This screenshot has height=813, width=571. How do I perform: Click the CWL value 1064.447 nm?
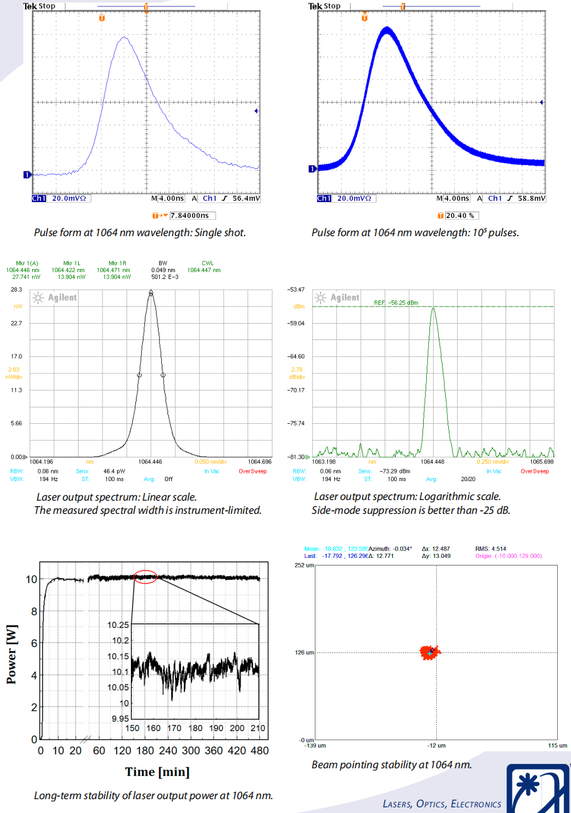(x=204, y=270)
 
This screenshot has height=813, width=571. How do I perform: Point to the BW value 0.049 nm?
(x=163, y=270)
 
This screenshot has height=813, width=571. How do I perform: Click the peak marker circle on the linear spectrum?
(x=151, y=292)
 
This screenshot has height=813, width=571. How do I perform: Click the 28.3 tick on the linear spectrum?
(x=16, y=290)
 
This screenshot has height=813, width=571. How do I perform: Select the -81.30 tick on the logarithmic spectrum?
(x=295, y=457)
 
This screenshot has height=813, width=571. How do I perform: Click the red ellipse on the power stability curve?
(x=145, y=577)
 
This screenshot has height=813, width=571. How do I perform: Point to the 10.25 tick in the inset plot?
(x=118, y=625)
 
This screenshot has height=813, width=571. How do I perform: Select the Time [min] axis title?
(x=157, y=771)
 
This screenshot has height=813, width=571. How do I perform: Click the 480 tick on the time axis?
(x=259, y=751)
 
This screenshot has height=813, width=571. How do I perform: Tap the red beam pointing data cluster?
(x=431, y=651)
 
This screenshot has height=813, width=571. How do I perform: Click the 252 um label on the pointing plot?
(x=305, y=566)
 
